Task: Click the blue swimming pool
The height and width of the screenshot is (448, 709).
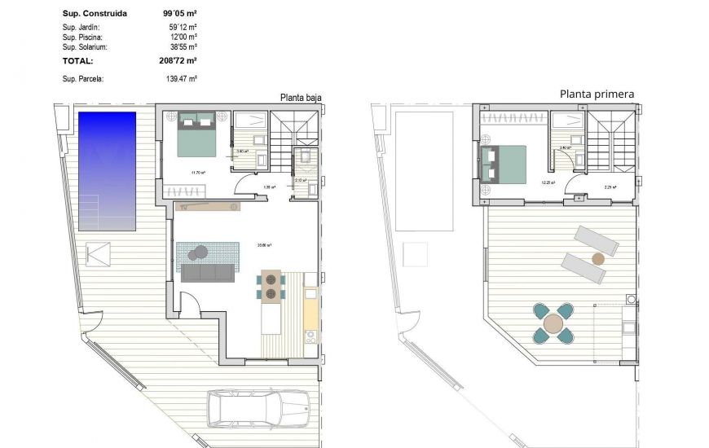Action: pos(107,170)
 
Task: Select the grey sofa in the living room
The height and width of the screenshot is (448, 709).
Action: pos(210,273)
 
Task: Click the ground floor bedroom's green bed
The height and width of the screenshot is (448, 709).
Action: pos(196,134)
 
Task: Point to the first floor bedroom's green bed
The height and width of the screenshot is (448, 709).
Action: pos(504,164)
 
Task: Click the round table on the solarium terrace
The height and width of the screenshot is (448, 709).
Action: pos(553,323)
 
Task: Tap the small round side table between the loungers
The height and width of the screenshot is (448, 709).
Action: pos(598,259)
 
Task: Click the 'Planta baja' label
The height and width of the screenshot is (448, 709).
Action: pos(300,97)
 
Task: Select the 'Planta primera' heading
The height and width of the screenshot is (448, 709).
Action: pos(597,94)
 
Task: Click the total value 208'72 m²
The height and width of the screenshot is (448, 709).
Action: pos(179,60)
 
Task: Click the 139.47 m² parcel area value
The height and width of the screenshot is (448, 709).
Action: pos(180,79)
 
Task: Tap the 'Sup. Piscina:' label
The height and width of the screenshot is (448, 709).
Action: pos(83,37)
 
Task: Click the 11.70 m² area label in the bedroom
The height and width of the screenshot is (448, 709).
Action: pos(197,173)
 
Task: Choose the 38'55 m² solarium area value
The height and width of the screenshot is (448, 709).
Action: pos(183,47)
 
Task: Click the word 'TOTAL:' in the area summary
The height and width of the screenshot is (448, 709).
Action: pos(78,60)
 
